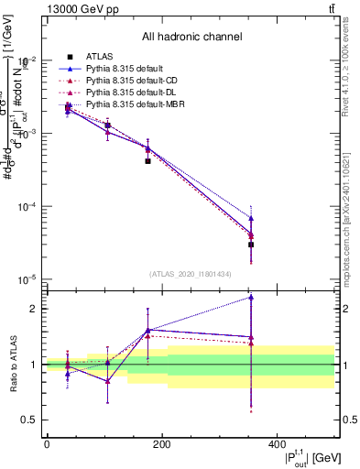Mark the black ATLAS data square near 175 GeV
[x=147, y=160]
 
